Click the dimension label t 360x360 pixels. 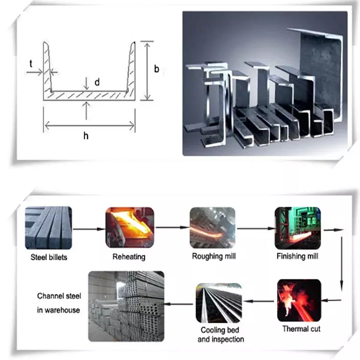31,64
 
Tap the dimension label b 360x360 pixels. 157,69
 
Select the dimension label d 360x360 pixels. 97,82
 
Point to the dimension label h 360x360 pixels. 86,136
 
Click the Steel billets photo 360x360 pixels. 49,228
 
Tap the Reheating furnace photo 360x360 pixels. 130,227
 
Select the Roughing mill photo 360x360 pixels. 212,228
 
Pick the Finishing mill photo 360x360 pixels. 298,228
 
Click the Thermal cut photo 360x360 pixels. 299,301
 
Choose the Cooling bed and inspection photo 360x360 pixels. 219,303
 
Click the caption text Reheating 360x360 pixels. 129,257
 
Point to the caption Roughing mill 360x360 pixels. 214,256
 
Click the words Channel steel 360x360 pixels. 59,296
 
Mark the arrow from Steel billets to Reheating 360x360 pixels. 89,229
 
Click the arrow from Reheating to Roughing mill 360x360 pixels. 172,227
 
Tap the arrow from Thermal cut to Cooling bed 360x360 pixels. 259,301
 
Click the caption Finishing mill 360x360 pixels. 297,256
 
